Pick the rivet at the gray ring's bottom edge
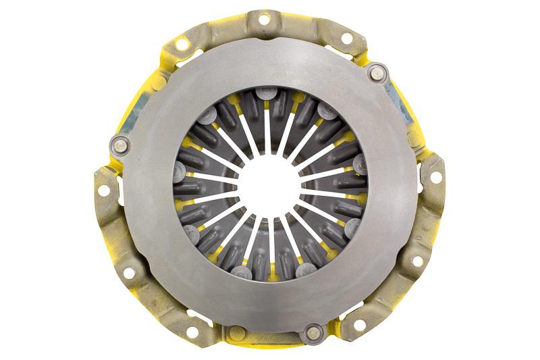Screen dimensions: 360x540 pos(312,332)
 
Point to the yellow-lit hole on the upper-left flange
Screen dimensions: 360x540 pos(181,44)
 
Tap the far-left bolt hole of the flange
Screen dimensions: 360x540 pos(103,190)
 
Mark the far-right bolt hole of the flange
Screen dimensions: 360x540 pos(434,177)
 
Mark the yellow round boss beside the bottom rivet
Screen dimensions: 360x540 pos(237,332)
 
